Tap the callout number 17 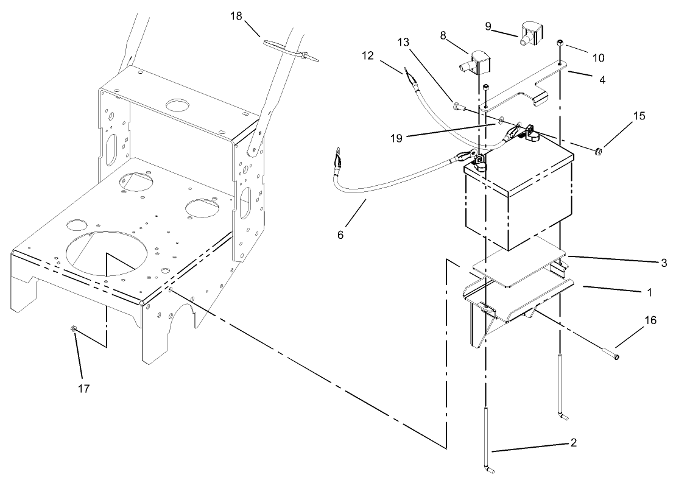click(84, 388)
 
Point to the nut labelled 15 click(599, 150)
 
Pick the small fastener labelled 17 click(72, 330)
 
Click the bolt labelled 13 click(459, 108)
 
